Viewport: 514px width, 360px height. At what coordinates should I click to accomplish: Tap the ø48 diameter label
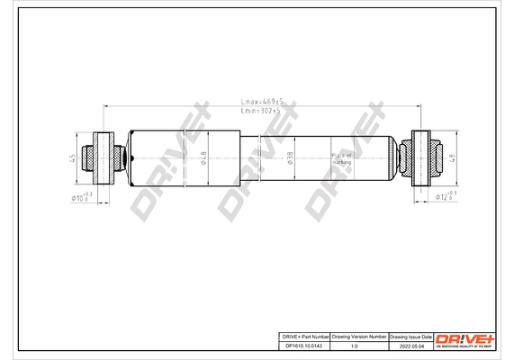(x=203, y=158)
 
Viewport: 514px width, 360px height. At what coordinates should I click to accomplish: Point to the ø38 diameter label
(x=290, y=158)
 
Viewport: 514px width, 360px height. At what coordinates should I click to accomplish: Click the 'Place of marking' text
(x=343, y=158)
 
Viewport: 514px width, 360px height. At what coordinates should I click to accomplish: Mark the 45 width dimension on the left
(x=73, y=158)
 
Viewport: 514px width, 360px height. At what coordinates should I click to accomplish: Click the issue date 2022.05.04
(x=410, y=345)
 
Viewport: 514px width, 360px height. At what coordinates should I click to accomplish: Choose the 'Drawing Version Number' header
(x=358, y=336)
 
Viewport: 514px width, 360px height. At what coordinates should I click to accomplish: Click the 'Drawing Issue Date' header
(x=410, y=336)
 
